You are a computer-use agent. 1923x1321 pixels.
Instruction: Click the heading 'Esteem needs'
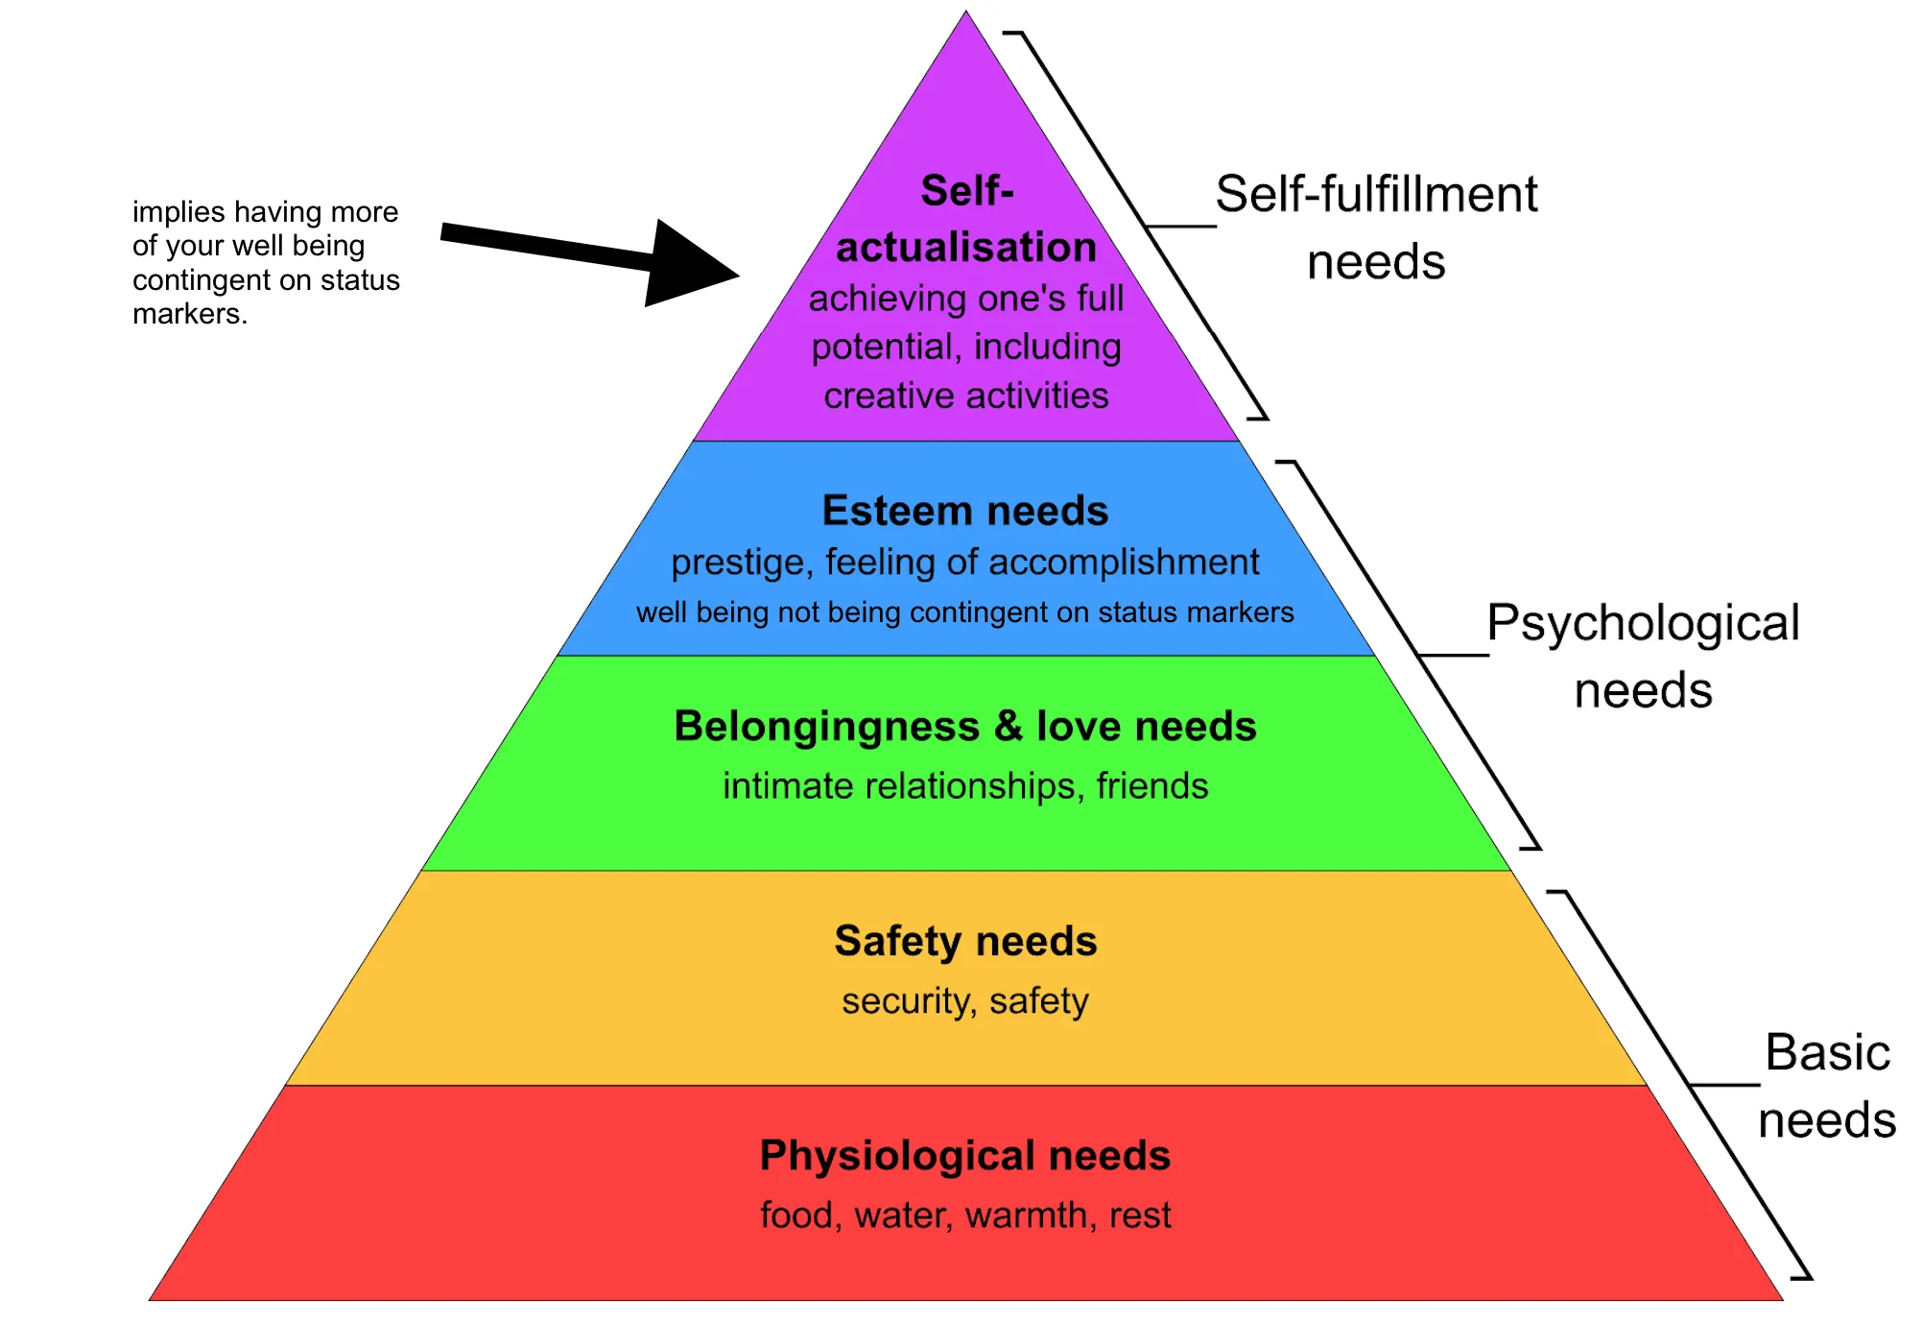tap(964, 511)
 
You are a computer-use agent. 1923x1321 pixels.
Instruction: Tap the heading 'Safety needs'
tap(964, 941)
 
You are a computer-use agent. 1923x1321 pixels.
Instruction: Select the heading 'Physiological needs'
tap(964, 1156)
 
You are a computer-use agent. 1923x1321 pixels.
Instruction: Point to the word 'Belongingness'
tap(826, 728)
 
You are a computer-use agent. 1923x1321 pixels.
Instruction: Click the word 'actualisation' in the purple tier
tap(966, 248)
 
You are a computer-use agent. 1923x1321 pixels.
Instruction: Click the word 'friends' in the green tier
tap(1151, 786)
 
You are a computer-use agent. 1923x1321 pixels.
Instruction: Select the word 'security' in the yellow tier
tap(907, 1001)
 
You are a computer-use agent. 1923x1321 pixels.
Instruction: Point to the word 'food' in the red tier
tap(796, 1215)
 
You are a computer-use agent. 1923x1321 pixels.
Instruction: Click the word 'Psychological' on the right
tap(1643, 624)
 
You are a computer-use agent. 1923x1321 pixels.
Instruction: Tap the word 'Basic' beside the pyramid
tap(1827, 1053)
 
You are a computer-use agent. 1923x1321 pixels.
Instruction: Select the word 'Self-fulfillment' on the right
tap(1376, 195)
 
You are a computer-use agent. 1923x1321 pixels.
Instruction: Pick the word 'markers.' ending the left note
tap(190, 314)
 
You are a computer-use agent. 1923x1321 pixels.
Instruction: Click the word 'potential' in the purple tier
tap(884, 348)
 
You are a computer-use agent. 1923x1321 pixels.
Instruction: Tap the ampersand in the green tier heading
tap(1008, 727)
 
